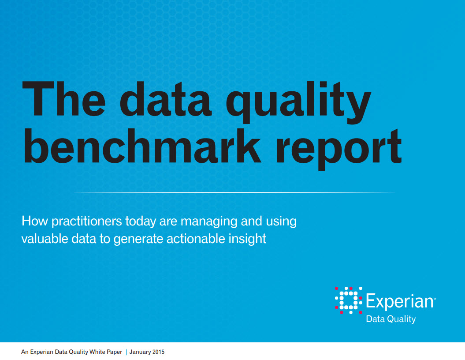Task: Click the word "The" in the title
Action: (x=64, y=99)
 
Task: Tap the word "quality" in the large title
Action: (x=298, y=102)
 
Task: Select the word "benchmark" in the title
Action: (x=142, y=146)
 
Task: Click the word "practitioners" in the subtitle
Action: (x=86, y=222)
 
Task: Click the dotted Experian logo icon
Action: (x=349, y=300)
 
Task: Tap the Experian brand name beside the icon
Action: (x=401, y=301)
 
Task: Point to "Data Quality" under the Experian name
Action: (x=391, y=319)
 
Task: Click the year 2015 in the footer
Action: (x=158, y=352)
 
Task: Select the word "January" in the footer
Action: (x=140, y=352)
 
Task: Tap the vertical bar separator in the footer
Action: (x=126, y=352)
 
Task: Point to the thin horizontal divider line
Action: (x=234, y=193)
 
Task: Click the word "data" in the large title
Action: (x=166, y=99)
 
